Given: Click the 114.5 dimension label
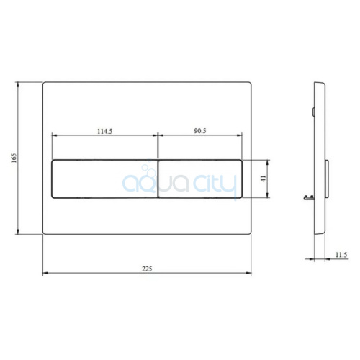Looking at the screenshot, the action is coord(104,131).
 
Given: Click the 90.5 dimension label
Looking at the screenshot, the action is coord(200,131).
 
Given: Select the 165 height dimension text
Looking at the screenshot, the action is coord(14,158).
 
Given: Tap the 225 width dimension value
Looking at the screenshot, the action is coord(147,269).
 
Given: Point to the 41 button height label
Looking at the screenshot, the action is coord(264,179).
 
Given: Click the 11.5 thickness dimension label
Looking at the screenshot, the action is coord(341,255).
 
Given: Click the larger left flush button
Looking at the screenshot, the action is coord(104,179).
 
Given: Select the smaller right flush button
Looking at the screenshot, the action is coord(200,179).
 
